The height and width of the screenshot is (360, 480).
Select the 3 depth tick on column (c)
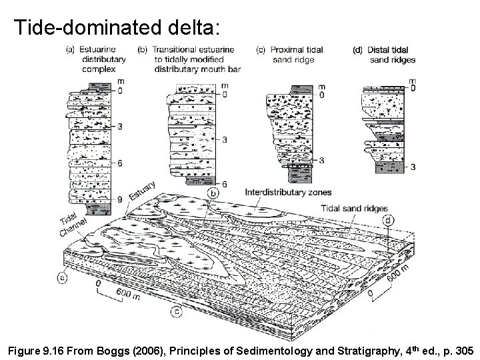[321, 161]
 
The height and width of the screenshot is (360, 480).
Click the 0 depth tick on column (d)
[413, 87]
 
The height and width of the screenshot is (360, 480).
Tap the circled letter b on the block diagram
[213, 193]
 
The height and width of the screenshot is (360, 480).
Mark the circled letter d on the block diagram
[387, 219]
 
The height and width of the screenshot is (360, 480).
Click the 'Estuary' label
[142, 191]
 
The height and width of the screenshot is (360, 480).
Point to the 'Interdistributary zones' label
[288, 192]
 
